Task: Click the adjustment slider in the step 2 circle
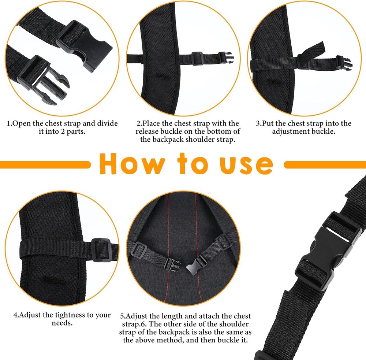198,58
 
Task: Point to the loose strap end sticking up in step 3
315,52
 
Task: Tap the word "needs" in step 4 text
62,323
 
